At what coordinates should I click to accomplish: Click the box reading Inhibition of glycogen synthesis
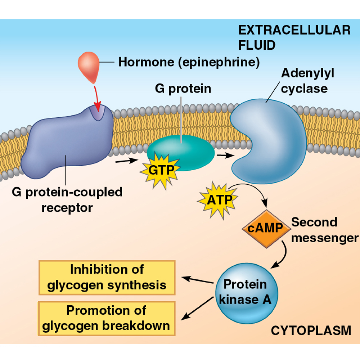click(107, 277)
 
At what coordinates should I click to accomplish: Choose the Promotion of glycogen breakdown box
click(107, 318)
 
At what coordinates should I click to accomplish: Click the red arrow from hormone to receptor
click(96, 95)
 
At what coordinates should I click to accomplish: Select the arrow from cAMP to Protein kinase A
click(283, 256)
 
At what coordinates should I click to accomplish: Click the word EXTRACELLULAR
click(294, 30)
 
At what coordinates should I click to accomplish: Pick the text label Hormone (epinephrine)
click(189, 62)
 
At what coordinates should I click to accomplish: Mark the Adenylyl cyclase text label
click(307, 81)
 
